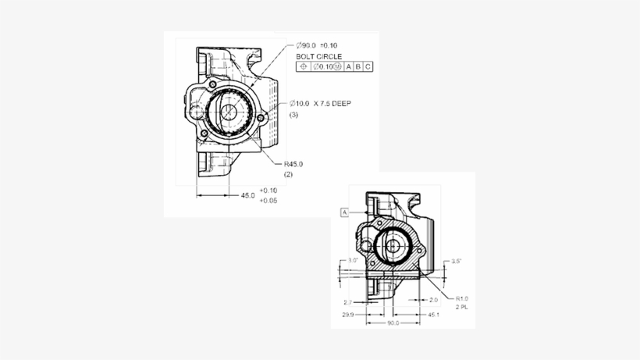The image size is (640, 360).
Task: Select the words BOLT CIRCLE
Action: pos(318,56)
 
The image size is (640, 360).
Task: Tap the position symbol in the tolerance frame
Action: pos(304,67)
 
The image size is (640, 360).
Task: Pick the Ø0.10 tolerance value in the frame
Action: pos(326,67)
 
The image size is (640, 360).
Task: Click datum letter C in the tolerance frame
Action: pos(368,67)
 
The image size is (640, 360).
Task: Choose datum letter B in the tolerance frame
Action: pos(359,67)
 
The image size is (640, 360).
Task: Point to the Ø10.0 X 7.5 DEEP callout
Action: pos(320,103)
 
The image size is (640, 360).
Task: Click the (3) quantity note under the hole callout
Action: pos(294,115)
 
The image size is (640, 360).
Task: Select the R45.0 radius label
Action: pos(293,164)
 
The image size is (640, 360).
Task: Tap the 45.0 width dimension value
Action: pos(247,195)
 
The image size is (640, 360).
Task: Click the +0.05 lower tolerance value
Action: pos(268,201)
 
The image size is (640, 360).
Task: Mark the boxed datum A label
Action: pos(344,212)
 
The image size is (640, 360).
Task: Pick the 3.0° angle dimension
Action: pos(353,260)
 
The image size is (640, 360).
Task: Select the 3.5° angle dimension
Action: pos(457,261)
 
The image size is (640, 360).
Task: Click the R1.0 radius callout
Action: pos(462,298)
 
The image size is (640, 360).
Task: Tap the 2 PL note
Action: pos(461,308)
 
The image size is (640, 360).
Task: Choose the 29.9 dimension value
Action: pos(347,315)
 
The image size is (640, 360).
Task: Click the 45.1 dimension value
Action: pos(434,315)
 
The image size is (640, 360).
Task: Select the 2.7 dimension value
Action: pos(347,301)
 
